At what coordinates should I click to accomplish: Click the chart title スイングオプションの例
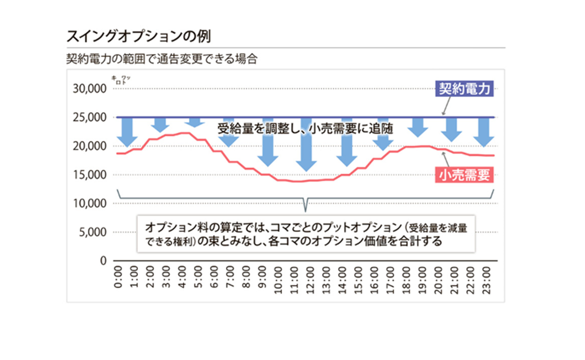pos(138,36)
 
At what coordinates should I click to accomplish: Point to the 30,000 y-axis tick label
pos(89,89)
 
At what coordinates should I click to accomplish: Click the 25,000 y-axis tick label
pos(89,118)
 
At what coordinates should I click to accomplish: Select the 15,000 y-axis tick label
pos(89,175)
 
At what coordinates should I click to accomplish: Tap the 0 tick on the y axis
pos(103,260)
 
